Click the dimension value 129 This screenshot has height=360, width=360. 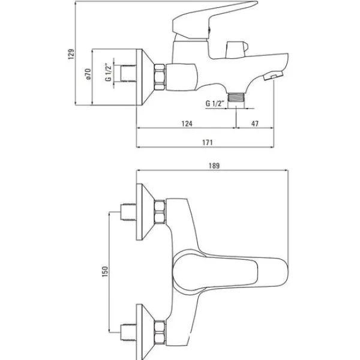(x=71, y=54)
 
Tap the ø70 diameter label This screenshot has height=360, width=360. (x=88, y=74)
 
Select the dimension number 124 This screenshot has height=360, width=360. (x=187, y=124)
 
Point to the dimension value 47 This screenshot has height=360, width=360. (x=255, y=124)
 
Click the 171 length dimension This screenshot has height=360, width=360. (x=208, y=143)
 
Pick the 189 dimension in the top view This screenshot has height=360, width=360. (x=214, y=166)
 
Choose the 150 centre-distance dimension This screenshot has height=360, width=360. (x=105, y=272)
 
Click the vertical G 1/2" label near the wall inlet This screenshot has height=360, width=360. (x=108, y=72)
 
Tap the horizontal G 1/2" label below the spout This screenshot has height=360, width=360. (x=214, y=103)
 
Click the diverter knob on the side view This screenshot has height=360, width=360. (x=237, y=49)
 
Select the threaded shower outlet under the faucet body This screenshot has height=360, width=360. (x=236, y=97)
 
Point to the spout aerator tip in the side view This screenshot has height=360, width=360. (x=273, y=76)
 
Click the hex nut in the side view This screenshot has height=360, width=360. (x=160, y=77)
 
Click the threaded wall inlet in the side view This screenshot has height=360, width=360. (x=128, y=73)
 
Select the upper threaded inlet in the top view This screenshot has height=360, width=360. (x=128, y=212)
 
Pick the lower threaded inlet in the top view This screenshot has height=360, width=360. (x=128, y=332)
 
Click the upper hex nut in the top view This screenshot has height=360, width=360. (x=160, y=212)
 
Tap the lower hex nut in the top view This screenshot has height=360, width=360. (x=160, y=332)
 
